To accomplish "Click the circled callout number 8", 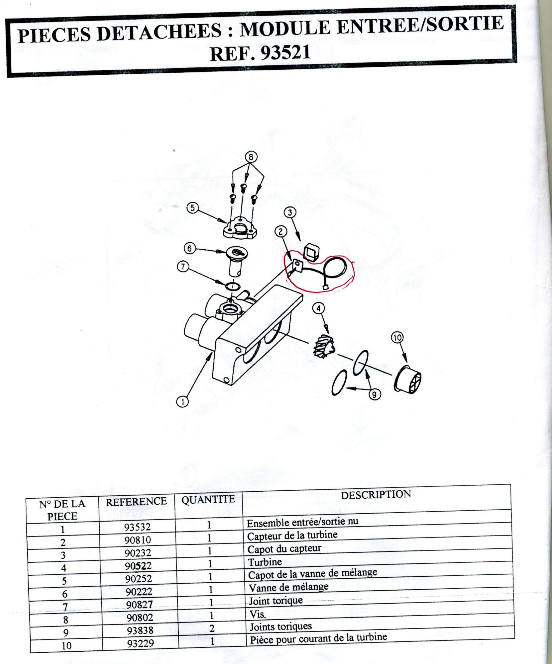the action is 251,156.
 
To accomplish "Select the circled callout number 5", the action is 192,208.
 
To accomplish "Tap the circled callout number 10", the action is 397,338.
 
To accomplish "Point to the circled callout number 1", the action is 182,402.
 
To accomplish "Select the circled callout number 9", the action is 375,394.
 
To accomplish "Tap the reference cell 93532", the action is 137,527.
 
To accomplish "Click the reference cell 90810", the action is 138,540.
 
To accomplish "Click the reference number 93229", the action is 141,643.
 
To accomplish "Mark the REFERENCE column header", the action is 136,501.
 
